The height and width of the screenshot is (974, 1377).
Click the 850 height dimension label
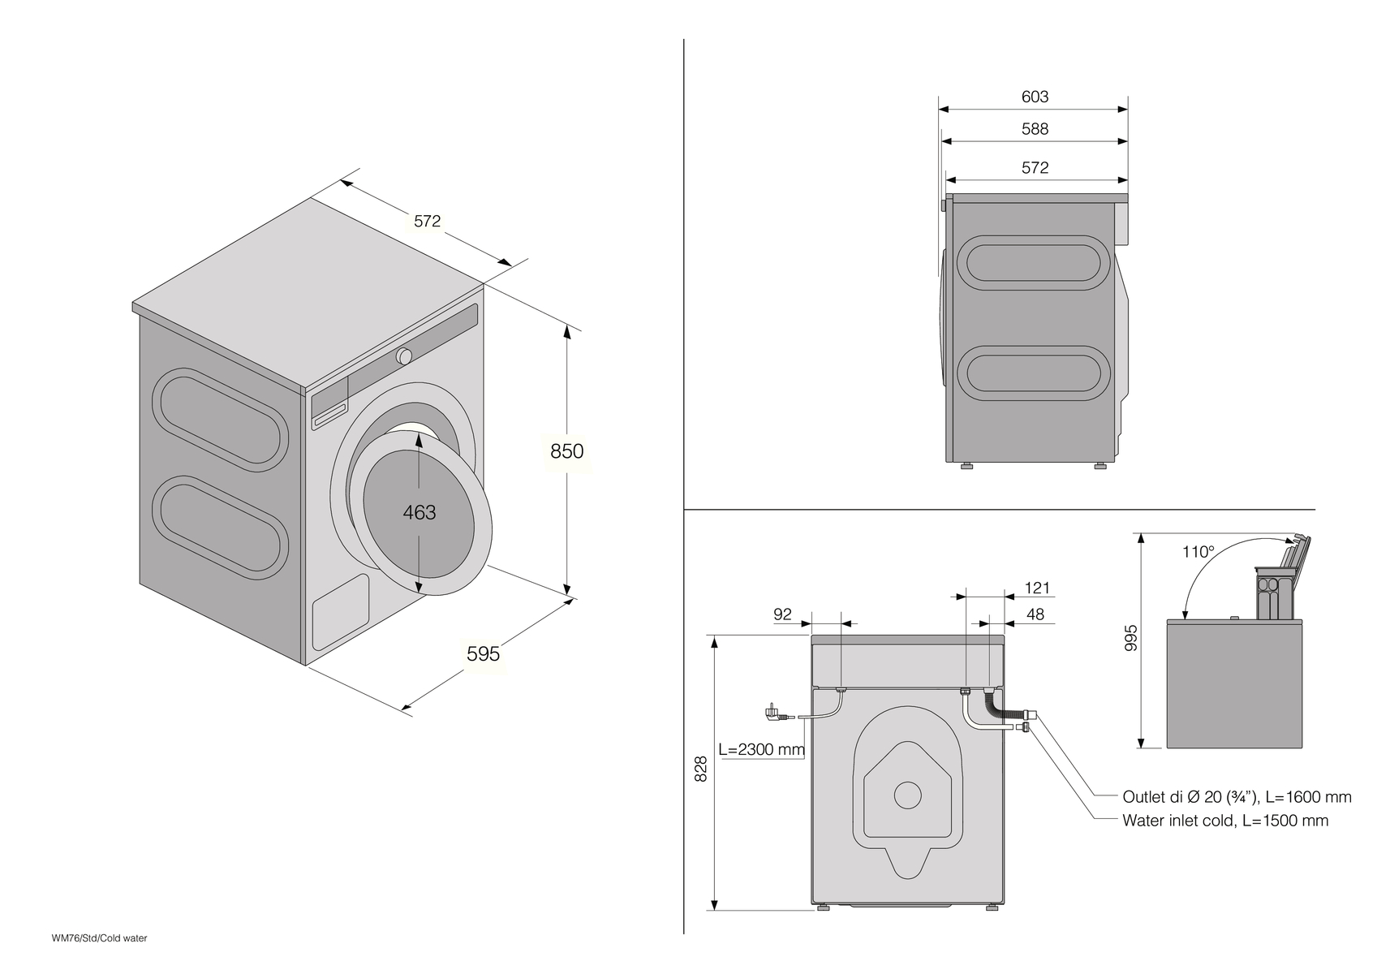click(566, 450)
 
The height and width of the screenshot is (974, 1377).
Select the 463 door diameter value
click(420, 512)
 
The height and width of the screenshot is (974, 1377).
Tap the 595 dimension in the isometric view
click(483, 653)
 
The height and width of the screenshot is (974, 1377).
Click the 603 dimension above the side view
click(1035, 97)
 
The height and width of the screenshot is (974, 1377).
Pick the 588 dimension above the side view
click(1035, 129)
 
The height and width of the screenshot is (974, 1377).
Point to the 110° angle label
click(1198, 552)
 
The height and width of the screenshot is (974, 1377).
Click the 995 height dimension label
click(1132, 637)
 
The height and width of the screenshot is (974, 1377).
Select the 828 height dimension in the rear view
click(702, 769)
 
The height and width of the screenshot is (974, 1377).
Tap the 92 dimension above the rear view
click(782, 614)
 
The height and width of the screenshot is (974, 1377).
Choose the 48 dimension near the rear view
click(1035, 614)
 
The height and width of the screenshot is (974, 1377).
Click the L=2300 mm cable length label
click(761, 749)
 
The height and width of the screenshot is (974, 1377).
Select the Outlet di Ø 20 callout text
click(1237, 797)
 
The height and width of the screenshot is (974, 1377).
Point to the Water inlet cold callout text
click(1225, 821)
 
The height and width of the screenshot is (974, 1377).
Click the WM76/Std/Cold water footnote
click(100, 938)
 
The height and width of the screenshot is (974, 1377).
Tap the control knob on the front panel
click(404, 356)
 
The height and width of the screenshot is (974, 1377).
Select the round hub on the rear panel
click(907, 794)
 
